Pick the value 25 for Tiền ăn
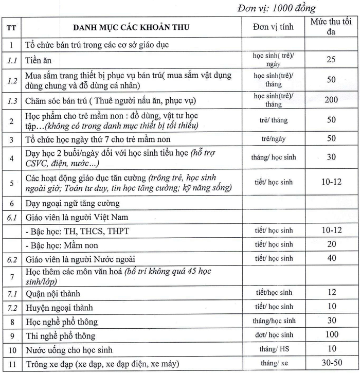coord(331,60)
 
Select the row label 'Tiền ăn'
coord(40,60)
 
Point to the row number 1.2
coord(12,80)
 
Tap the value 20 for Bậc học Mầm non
coord(331,244)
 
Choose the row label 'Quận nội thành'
coord(53,294)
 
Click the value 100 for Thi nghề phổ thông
coord(331,335)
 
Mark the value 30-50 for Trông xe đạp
coord(331,363)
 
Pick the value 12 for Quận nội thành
coord(331,293)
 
